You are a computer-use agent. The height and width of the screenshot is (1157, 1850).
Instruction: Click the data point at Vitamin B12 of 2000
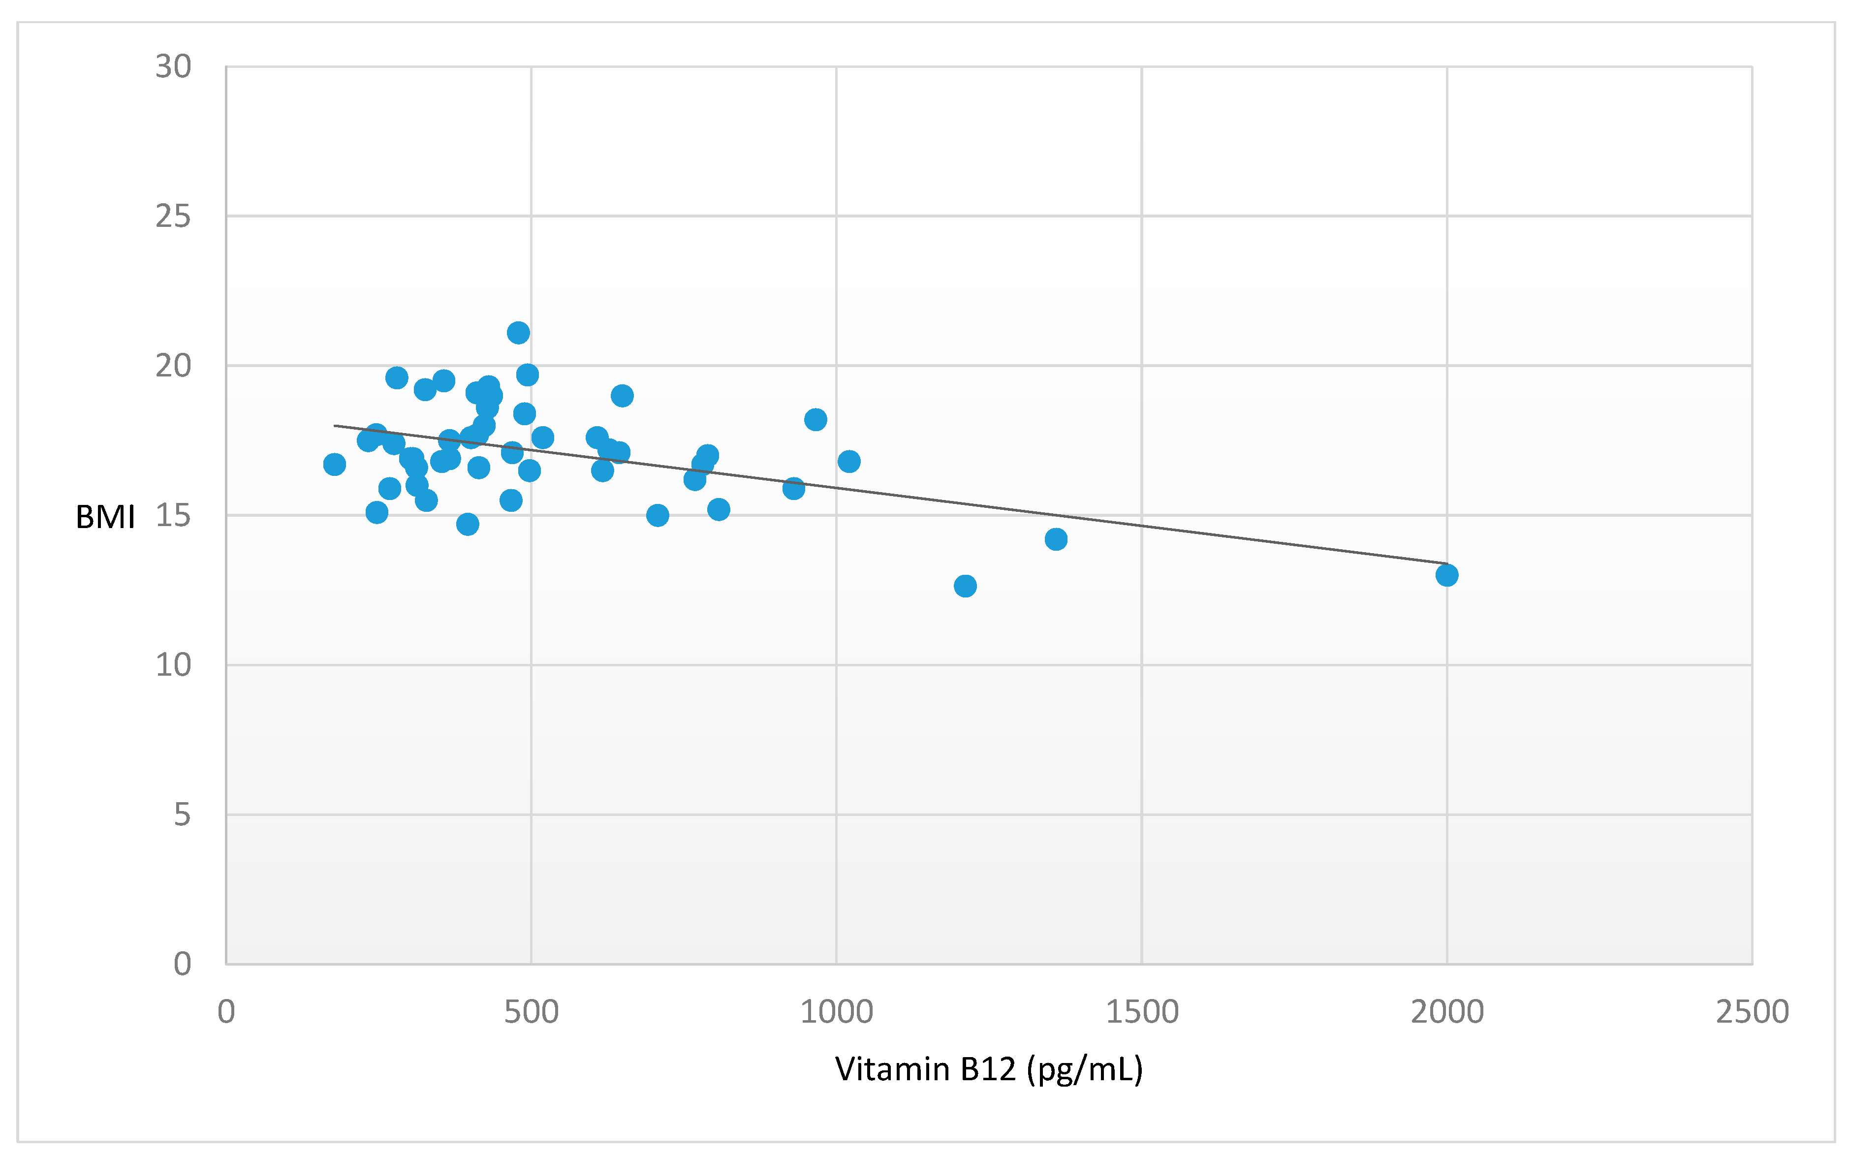1446,575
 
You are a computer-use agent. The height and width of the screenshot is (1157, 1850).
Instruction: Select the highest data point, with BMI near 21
518,333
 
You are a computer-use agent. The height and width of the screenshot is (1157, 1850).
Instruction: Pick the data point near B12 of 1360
1055,539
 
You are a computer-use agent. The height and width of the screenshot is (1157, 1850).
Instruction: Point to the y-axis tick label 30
173,67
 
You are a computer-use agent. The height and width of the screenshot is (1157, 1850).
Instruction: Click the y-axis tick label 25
173,217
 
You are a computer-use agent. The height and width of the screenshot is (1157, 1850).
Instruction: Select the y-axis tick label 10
173,665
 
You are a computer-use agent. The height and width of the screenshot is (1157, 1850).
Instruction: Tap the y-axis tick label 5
181,815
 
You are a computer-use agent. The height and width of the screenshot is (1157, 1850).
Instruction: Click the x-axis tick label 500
531,1012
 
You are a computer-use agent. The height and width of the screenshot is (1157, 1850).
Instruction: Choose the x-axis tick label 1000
836,1012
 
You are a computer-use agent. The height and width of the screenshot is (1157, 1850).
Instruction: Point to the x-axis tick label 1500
1141,1012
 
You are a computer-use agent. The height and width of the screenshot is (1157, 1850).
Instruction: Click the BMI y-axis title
106,517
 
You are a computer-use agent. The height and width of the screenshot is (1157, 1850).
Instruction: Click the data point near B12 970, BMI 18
815,419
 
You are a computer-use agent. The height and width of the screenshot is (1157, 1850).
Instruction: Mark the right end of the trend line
1445,563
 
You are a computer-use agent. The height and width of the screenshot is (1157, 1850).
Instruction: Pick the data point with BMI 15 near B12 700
657,515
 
